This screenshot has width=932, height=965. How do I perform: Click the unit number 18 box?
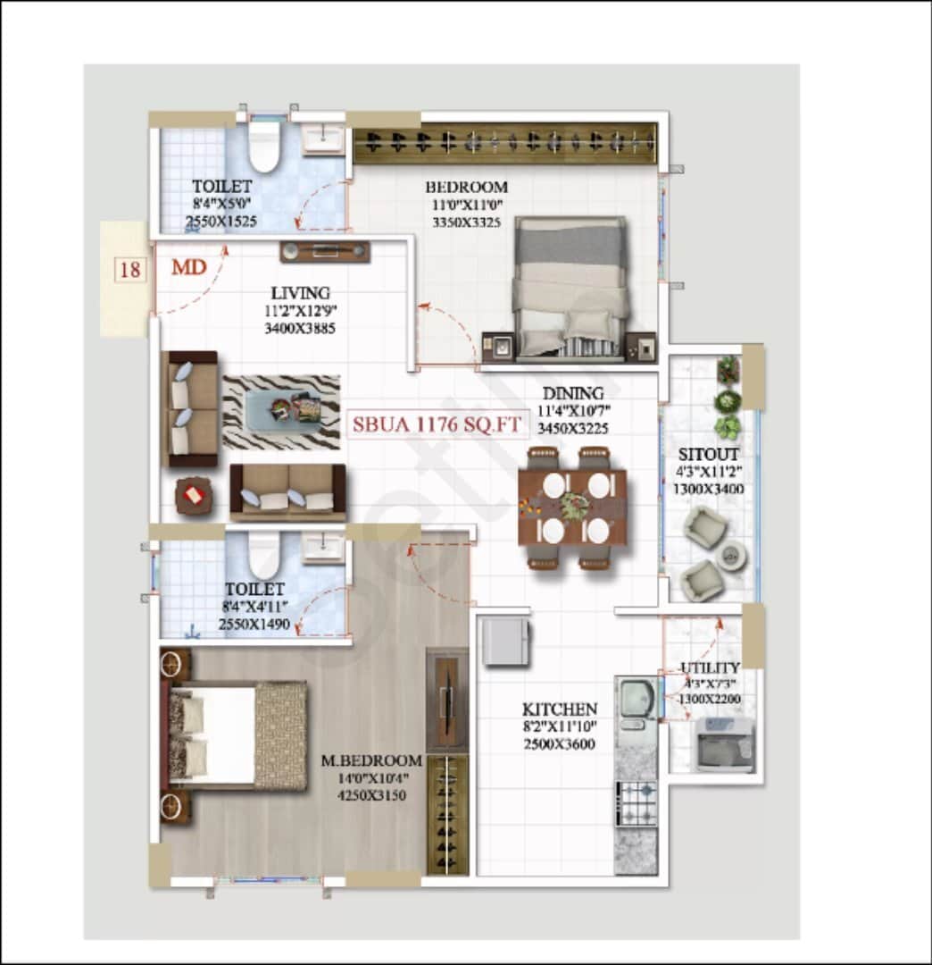(x=130, y=269)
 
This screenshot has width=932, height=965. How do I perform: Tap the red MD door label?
(x=189, y=267)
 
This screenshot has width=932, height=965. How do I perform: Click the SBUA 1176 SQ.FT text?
(x=436, y=425)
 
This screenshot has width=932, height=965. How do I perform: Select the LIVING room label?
(x=300, y=293)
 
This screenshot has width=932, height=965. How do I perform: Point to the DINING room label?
(x=572, y=393)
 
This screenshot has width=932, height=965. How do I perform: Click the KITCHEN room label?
(x=559, y=709)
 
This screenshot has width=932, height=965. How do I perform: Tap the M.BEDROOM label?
(x=371, y=760)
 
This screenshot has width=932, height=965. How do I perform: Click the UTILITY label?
(x=710, y=667)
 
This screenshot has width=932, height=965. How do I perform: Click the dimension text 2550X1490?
(x=254, y=625)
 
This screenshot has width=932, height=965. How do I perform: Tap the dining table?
(x=573, y=508)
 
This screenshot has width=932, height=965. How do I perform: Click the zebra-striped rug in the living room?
(x=281, y=412)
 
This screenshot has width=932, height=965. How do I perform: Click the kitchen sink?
(x=637, y=698)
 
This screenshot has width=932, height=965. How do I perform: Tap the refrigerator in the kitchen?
(x=505, y=642)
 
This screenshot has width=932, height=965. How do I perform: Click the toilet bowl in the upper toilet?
(x=264, y=148)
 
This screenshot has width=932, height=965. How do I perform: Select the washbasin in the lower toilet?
(x=322, y=547)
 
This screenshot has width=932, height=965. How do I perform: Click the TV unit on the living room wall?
(x=325, y=251)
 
